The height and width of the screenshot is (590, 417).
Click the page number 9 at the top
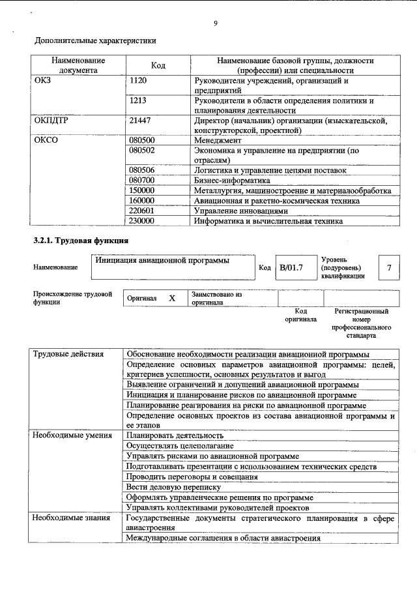(215, 24)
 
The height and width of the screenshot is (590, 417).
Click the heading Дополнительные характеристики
(95, 40)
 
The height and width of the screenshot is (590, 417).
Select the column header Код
(158, 65)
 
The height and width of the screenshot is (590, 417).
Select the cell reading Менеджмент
(218, 140)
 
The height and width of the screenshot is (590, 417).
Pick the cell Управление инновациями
(240, 211)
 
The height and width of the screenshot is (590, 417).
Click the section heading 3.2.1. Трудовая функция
(81, 241)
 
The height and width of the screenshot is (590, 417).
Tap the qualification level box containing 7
(389, 267)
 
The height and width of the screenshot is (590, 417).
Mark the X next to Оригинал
(172, 298)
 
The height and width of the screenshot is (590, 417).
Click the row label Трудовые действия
(68, 354)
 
